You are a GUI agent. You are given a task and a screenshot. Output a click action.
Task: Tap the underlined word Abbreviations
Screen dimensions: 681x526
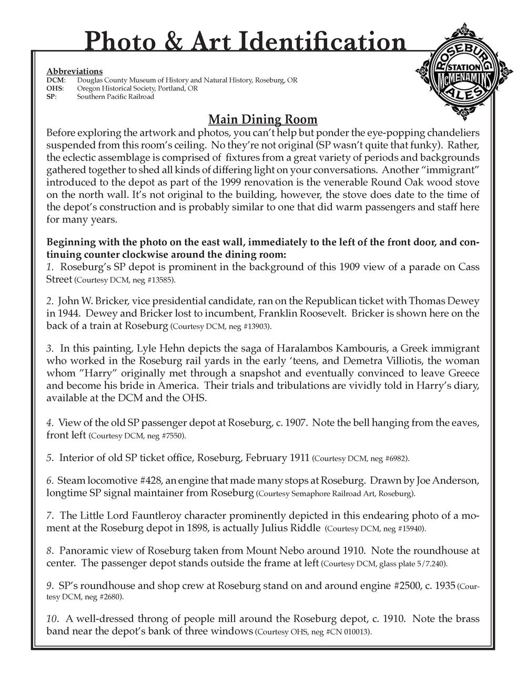click(x=74, y=71)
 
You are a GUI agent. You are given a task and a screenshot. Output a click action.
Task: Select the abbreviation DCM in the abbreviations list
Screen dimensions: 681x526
click(x=55, y=80)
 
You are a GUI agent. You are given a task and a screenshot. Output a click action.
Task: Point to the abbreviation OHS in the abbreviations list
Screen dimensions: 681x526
click(x=55, y=88)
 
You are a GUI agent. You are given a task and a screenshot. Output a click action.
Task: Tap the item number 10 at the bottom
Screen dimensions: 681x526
click(x=52, y=619)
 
